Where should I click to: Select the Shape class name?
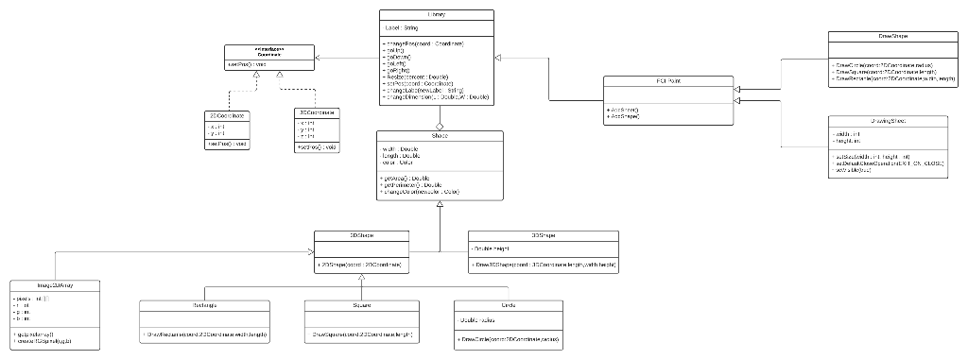[x=440, y=137]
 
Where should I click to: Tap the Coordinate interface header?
[x=268, y=52]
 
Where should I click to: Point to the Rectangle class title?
[x=205, y=306]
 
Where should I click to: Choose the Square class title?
[x=360, y=306]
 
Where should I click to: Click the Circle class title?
[x=510, y=306]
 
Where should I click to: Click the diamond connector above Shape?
[x=440, y=125]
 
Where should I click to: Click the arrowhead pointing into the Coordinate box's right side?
[x=320, y=59]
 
